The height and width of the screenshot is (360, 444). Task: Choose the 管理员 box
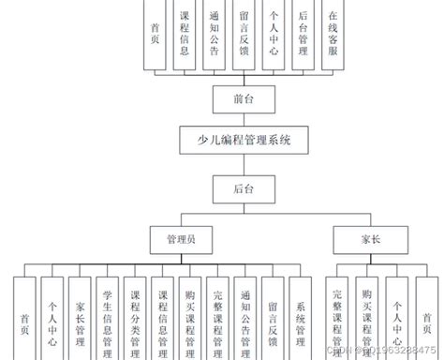coord(181,240)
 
